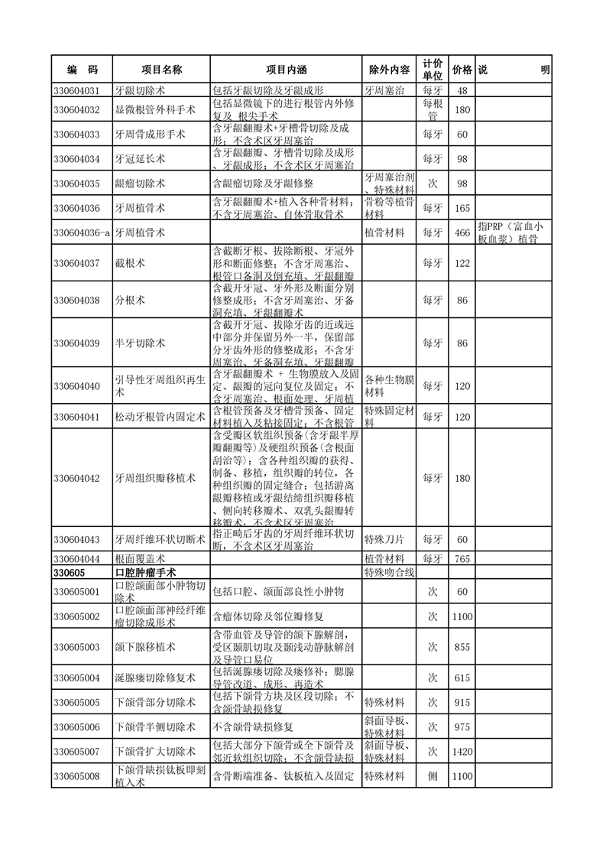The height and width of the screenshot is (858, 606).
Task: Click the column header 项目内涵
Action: pos(285,70)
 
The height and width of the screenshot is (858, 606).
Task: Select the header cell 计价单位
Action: pos(432,70)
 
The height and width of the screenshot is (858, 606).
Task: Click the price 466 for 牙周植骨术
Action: pos(462,232)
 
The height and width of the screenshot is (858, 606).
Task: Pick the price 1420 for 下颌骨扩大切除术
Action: pos(462,752)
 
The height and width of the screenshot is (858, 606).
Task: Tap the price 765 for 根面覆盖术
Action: pos(462,559)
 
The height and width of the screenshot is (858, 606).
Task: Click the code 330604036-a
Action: pos(83,232)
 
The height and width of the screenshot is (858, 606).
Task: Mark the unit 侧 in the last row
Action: pos(432,776)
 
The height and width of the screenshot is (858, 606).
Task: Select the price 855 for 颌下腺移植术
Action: pos(462,647)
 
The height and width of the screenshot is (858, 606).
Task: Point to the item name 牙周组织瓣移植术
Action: pos(151,478)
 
